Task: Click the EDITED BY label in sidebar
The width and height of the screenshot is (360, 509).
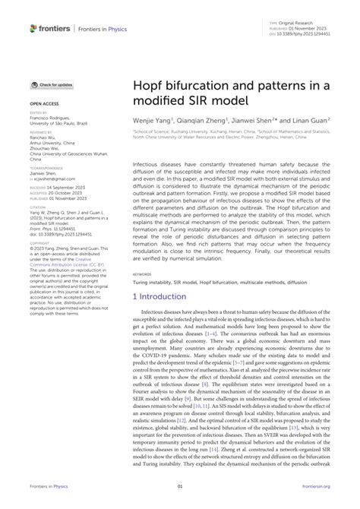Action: (x=40, y=112)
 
